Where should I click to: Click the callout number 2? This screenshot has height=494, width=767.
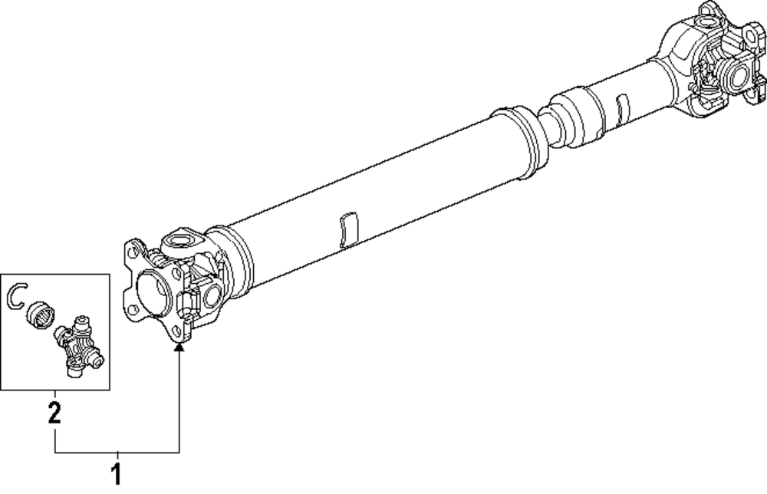click(x=54, y=413)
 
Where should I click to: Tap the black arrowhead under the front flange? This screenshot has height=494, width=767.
click(x=179, y=347)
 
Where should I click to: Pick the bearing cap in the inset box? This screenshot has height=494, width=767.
click(x=40, y=316)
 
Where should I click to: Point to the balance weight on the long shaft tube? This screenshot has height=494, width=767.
click(x=348, y=230)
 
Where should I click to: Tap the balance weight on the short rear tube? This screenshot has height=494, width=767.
click(x=622, y=109)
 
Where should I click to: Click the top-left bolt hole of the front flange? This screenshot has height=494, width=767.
click(x=132, y=252)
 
